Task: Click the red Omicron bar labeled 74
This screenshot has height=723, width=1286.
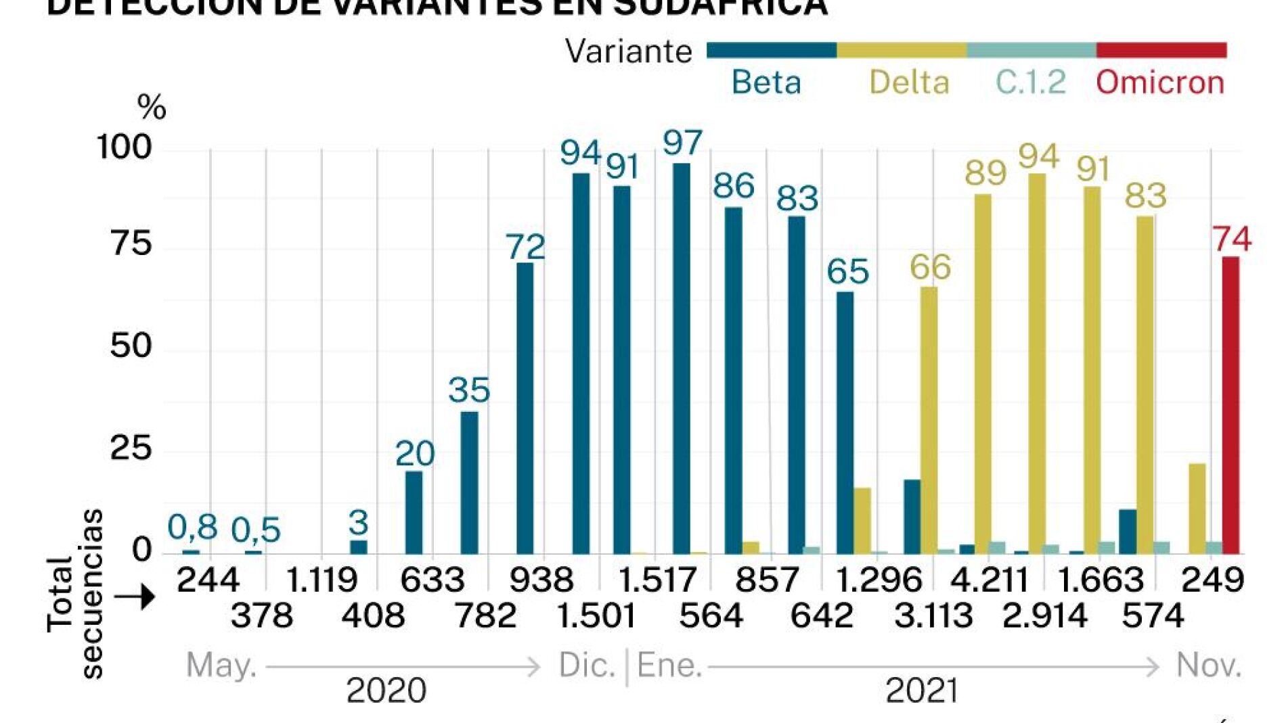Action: (x=1230, y=406)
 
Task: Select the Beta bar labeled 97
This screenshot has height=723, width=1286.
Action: (x=681, y=358)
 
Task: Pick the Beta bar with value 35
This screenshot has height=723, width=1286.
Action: (x=469, y=483)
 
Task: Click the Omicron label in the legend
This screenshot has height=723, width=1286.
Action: (x=1160, y=83)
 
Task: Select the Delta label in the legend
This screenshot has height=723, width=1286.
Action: (x=909, y=83)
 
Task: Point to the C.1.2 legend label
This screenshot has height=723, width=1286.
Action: (x=1030, y=83)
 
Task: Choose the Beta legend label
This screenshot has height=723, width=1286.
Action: (x=766, y=83)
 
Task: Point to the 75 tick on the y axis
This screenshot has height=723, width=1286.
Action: (x=131, y=243)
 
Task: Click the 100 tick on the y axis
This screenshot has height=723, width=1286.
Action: (x=125, y=147)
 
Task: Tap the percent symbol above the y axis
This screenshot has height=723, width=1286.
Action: (x=151, y=107)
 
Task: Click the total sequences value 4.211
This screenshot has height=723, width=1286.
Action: (x=989, y=580)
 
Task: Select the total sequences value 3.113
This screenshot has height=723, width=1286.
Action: (x=933, y=615)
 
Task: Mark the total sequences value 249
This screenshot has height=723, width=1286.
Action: (x=1212, y=580)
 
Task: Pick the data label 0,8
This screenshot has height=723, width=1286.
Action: (x=192, y=527)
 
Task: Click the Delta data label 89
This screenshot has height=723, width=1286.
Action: (x=985, y=173)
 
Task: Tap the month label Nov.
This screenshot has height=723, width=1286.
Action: (x=1208, y=666)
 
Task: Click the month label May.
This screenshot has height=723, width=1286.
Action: (x=221, y=666)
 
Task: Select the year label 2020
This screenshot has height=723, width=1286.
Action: (x=386, y=691)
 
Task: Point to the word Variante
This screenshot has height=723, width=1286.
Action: (x=628, y=51)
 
